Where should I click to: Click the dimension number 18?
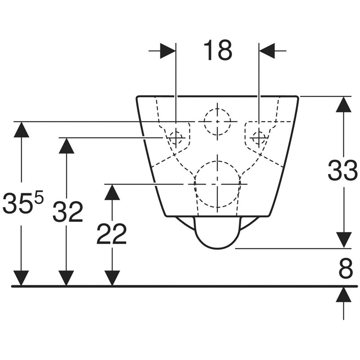(x=218, y=50)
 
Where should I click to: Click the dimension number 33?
(x=342, y=171)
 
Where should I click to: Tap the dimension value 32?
(x=67, y=211)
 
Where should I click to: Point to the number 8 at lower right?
(x=346, y=268)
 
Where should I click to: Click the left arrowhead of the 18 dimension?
(x=167, y=50)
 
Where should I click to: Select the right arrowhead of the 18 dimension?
(x=267, y=50)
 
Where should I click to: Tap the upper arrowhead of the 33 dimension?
(x=343, y=104)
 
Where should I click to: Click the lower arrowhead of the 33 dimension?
(x=343, y=240)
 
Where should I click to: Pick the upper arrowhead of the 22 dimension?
(x=112, y=192)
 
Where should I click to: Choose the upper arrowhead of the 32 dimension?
(x=66, y=145)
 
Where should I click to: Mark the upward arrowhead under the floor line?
(x=343, y=294)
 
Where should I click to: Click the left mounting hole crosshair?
(x=176, y=138)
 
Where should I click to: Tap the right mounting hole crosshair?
(x=259, y=138)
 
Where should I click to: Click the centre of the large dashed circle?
(x=217, y=184)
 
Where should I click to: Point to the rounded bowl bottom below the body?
(x=217, y=249)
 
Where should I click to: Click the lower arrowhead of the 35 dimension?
(x=21, y=278)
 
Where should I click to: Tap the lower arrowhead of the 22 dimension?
(x=112, y=278)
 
